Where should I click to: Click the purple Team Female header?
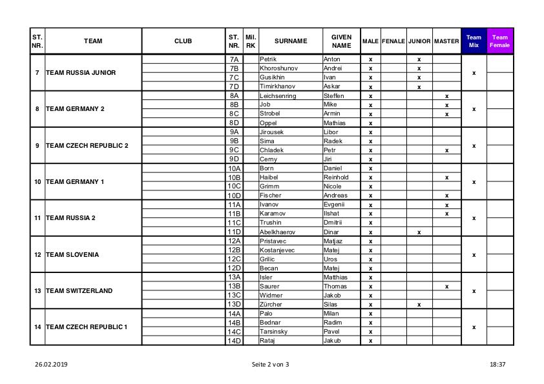[x=499, y=41]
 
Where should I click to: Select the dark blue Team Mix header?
[x=474, y=41]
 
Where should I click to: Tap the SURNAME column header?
[x=291, y=41]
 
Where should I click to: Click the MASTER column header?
[x=446, y=41]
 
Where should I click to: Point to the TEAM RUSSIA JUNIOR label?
[x=81, y=73]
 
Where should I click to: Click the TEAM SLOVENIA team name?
[x=72, y=255]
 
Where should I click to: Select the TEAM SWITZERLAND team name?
[x=79, y=291]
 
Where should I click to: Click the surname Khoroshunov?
[x=278, y=68]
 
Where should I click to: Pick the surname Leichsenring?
[x=278, y=96]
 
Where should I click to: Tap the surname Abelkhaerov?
[x=277, y=232]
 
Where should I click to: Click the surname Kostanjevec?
[x=277, y=250]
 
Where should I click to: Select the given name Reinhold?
[x=335, y=177]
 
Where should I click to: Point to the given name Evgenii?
[x=334, y=205]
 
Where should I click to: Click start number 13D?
[x=234, y=304]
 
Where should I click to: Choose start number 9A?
[x=234, y=132]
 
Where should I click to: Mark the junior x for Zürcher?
[x=419, y=305]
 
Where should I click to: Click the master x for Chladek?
[x=446, y=150]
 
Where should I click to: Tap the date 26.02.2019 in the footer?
[x=51, y=365]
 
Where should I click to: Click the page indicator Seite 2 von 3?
[x=271, y=365]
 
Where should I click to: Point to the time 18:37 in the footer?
[x=497, y=365]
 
